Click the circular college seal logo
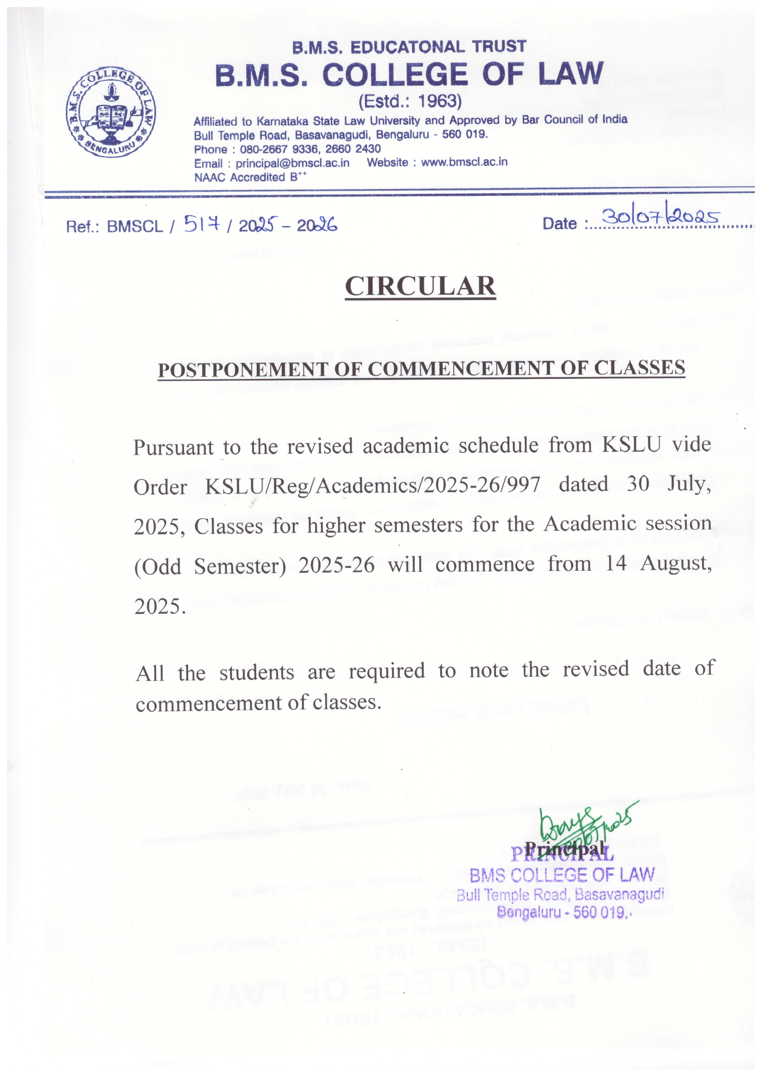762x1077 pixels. [111, 112]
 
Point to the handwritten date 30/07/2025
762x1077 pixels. [661, 217]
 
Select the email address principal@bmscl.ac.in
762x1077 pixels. [292, 163]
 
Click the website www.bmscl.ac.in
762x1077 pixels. [464, 162]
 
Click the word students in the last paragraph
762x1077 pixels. [257, 672]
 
